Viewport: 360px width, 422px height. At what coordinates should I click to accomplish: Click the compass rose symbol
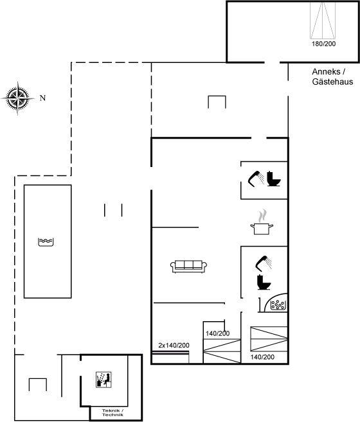click(18, 98)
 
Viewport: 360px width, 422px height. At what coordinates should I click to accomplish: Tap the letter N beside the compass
click(42, 98)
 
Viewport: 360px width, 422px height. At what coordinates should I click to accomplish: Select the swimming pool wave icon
click(46, 242)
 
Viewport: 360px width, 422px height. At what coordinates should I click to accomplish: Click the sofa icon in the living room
click(188, 267)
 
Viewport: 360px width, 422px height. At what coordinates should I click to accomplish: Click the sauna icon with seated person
click(104, 380)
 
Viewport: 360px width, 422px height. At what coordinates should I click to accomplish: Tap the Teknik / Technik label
click(113, 412)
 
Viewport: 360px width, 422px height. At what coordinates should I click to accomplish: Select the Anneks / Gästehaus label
click(332, 76)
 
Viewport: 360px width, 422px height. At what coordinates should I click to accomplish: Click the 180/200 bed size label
click(323, 44)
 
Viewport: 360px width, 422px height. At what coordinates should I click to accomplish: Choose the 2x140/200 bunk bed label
click(174, 346)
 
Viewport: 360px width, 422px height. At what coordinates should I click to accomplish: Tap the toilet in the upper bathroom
click(273, 179)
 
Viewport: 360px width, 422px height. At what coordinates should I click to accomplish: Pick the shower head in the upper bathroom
click(256, 179)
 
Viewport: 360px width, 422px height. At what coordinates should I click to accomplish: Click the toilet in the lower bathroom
click(264, 282)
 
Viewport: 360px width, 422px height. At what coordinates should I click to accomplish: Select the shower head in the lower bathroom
click(264, 263)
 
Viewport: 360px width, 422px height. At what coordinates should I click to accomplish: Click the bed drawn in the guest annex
click(323, 21)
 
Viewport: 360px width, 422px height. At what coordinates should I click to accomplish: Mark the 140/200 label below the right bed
click(262, 357)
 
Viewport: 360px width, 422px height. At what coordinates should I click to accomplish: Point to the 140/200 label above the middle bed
click(218, 334)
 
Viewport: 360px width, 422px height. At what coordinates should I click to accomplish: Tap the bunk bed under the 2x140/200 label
click(170, 357)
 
